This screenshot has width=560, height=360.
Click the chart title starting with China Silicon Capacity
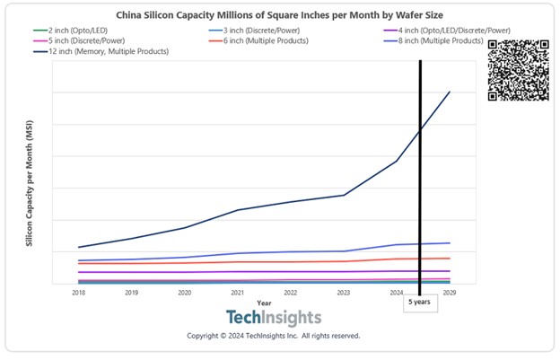coord(279,15)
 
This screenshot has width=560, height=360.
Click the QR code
coord(518,70)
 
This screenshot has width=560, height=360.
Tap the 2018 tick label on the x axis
coord(79,293)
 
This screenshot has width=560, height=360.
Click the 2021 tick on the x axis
coord(237,293)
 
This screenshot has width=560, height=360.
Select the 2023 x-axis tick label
coord(343,293)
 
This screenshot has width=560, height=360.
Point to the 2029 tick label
coord(449,293)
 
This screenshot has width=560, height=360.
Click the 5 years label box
coord(418,303)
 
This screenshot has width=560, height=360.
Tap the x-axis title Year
coord(263,303)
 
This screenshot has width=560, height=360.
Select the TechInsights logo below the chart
coord(273,318)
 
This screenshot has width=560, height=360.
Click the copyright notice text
coord(273,336)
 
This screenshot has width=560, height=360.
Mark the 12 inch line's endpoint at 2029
coord(450,92)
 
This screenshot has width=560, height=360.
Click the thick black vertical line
coord(419,180)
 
